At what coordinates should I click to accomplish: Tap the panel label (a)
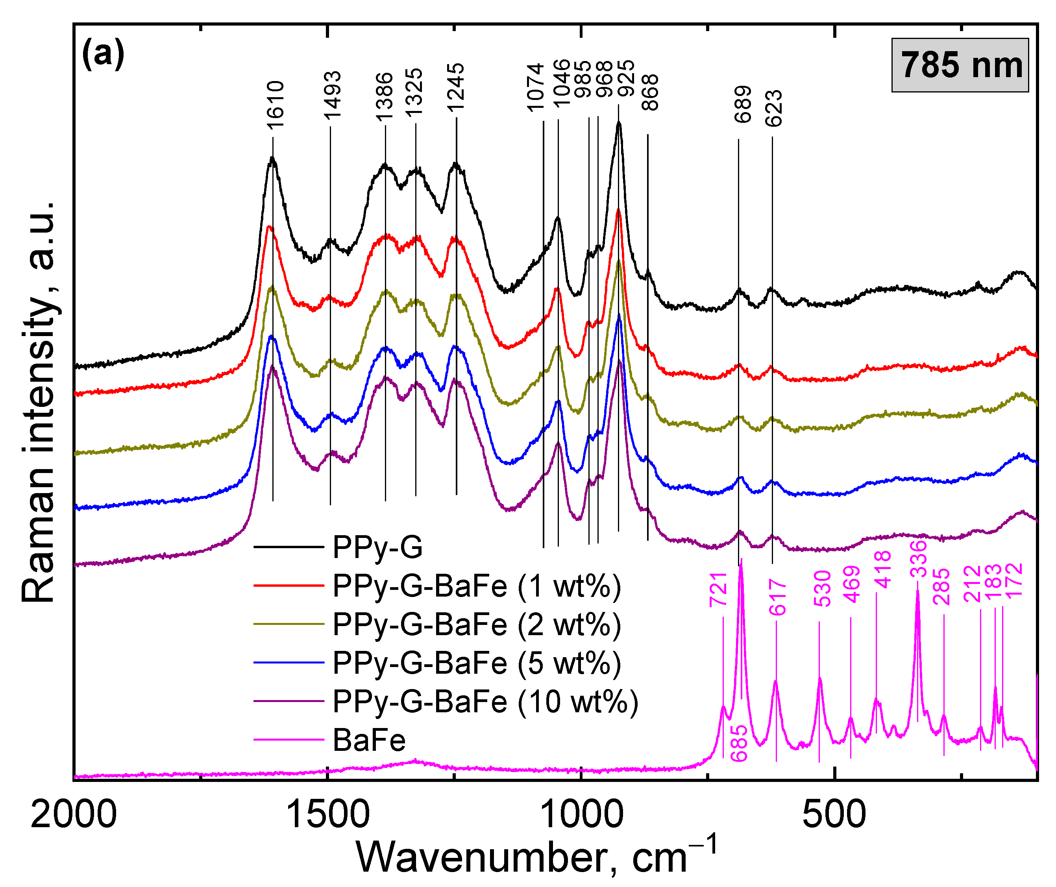coord(103,54)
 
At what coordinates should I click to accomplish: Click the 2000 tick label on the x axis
coord(74,815)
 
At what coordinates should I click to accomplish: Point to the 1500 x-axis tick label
coord(327,815)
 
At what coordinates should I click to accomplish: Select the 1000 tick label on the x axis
coord(581,815)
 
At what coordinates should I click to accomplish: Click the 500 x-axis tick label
coord(835,815)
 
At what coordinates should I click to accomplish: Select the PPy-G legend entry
coord(377,547)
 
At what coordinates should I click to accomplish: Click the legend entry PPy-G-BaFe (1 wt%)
coord(476,586)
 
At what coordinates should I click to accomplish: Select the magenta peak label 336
coord(918,558)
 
